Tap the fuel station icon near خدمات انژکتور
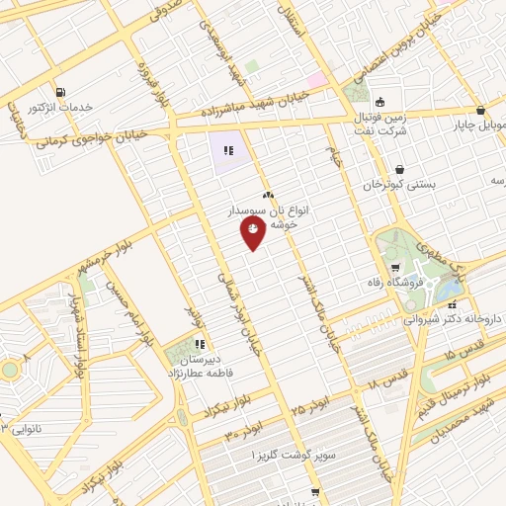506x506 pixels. click(x=61, y=92)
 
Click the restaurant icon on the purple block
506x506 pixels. click(x=228, y=151)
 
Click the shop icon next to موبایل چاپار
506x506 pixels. click(x=480, y=111)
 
